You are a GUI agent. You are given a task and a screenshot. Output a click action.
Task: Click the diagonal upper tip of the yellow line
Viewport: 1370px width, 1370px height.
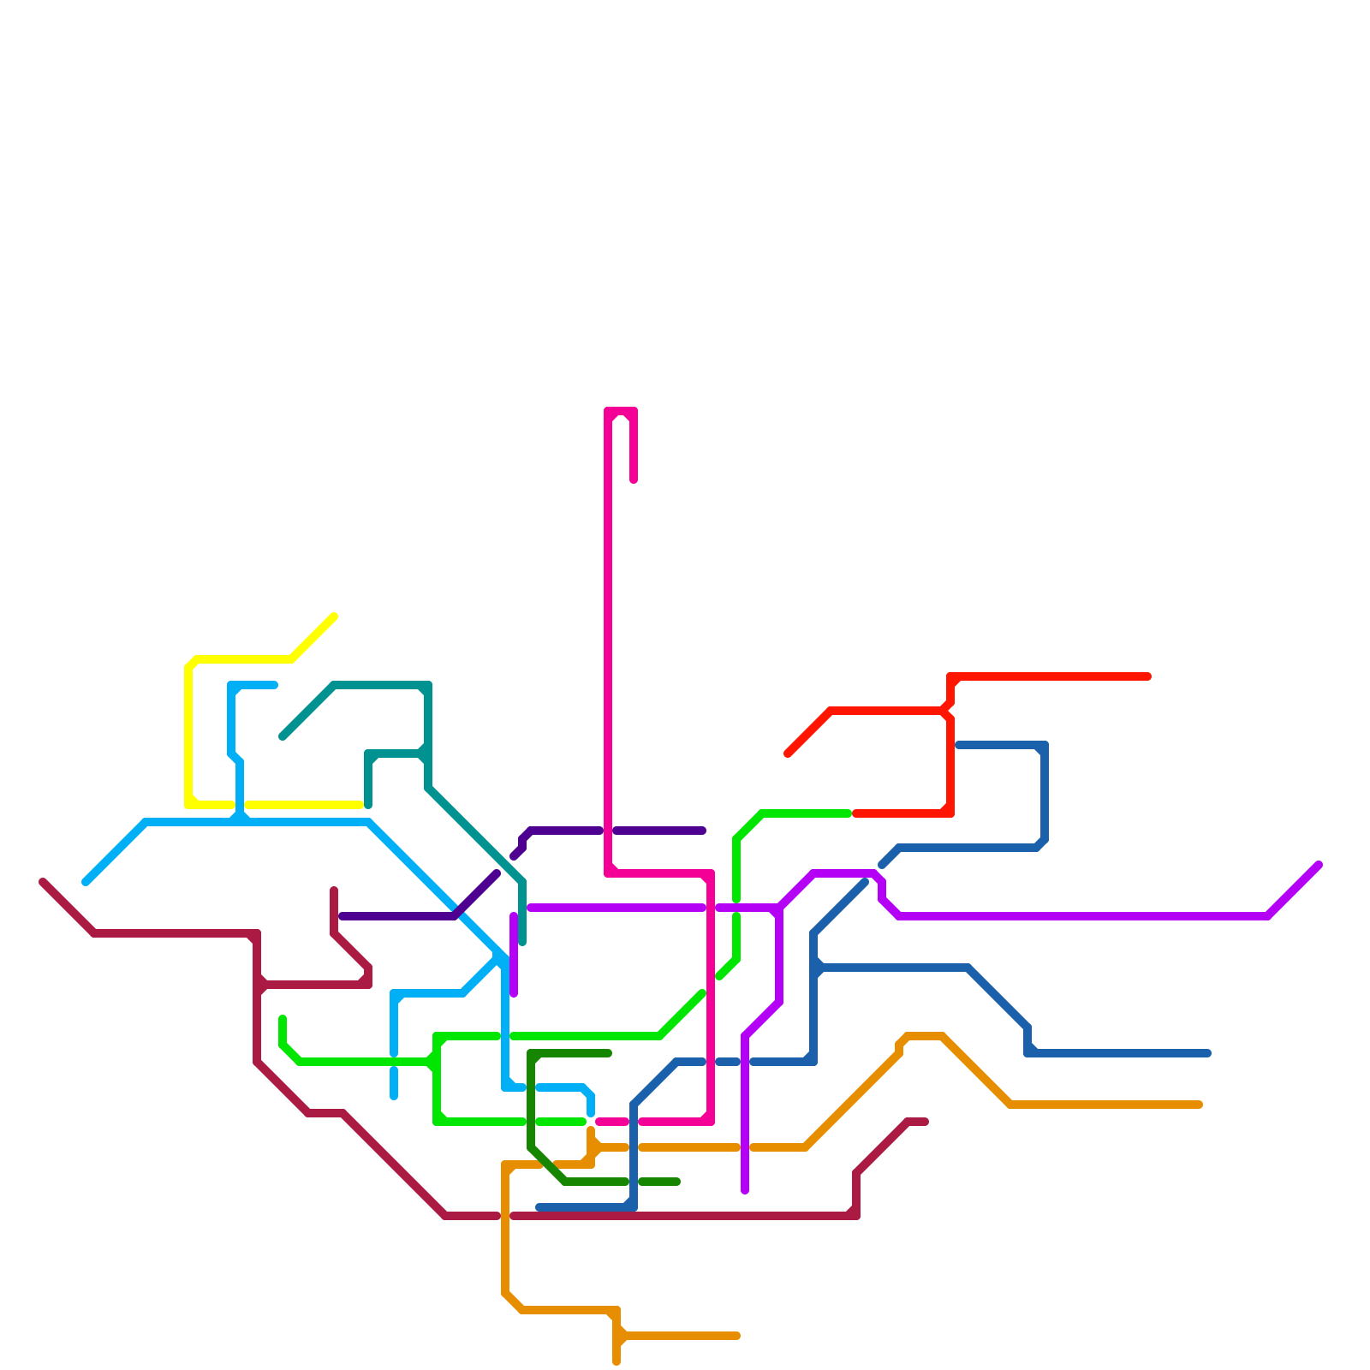pyautogui.click(x=334, y=616)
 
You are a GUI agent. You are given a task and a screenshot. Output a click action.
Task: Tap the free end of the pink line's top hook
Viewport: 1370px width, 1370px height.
pyautogui.click(x=634, y=480)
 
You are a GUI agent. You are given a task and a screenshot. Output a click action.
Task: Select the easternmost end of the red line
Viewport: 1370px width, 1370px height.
pyautogui.click(x=1148, y=676)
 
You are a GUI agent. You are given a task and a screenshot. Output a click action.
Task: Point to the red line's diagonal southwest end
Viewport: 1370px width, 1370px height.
pyautogui.click(x=788, y=753)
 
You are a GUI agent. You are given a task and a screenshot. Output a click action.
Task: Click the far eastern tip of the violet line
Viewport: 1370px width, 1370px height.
pyautogui.click(x=1319, y=865)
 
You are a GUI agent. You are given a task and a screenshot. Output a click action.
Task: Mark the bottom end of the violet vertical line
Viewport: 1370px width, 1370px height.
pyautogui.click(x=745, y=1190)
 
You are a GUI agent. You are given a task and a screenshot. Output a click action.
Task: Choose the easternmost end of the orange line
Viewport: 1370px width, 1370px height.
pyautogui.click(x=1200, y=1105)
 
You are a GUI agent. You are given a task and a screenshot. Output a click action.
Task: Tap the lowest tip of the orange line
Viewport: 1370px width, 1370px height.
pyautogui.click(x=616, y=1362)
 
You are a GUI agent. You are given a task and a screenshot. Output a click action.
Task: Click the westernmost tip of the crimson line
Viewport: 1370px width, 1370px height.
pyautogui.click(x=43, y=882)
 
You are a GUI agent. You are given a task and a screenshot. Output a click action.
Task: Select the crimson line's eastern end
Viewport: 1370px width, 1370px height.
pyautogui.click(x=926, y=1122)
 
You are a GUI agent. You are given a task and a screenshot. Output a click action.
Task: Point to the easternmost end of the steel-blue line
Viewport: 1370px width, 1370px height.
pyautogui.click(x=1208, y=1053)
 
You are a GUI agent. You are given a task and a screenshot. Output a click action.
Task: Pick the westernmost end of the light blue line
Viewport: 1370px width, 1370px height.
pyautogui.click(x=86, y=882)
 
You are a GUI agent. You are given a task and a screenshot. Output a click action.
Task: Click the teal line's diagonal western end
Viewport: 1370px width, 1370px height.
pyautogui.click(x=283, y=736)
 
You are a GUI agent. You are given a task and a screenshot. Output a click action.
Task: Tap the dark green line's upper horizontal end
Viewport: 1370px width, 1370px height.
pyautogui.click(x=609, y=1053)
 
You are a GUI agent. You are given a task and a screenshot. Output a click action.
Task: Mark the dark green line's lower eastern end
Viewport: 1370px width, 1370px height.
pyautogui.click(x=677, y=1182)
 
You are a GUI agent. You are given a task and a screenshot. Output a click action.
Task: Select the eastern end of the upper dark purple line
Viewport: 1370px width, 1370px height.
pyautogui.click(x=703, y=831)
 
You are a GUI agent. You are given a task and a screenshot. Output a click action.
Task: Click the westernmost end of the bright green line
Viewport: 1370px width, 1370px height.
pyautogui.click(x=283, y=1018)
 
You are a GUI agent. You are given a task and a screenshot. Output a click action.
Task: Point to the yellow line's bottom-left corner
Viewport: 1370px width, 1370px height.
pyautogui.click(x=188, y=804)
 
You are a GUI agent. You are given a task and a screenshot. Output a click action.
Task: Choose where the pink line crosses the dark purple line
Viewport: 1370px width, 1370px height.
pyautogui.click(x=608, y=831)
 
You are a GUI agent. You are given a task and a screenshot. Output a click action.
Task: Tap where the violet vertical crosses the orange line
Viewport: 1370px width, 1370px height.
pyautogui.click(x=745, y=1147)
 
